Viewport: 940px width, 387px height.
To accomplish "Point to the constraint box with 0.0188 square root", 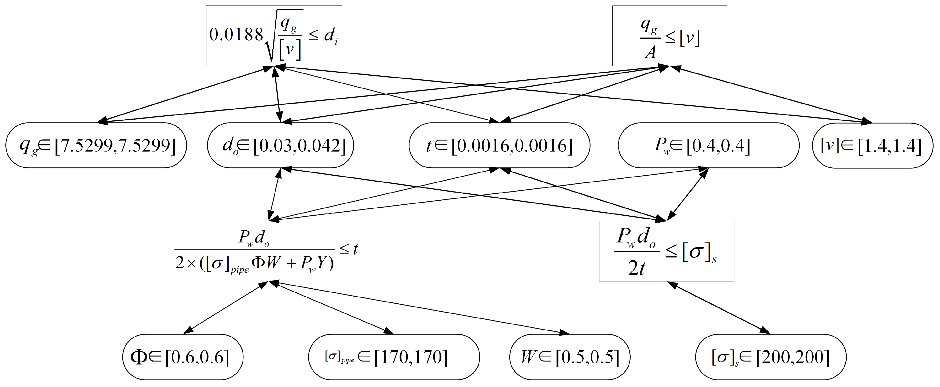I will (x=274, y=36).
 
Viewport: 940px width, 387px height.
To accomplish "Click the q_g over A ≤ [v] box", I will (x=669, y=36).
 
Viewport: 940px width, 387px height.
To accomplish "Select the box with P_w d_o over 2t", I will (x=666, y=251).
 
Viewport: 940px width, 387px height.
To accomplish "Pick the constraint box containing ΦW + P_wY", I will (x=268, y=251).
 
